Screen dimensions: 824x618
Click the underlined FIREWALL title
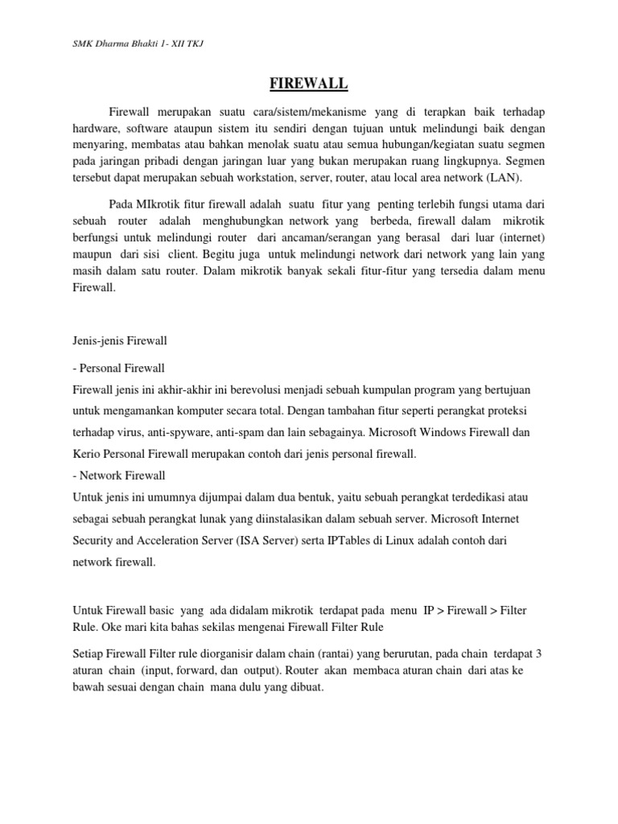tap(309, 83)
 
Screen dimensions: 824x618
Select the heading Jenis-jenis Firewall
tap(119, 340)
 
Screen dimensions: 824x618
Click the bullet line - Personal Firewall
tap(118, 368)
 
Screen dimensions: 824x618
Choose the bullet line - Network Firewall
tap(118, 476)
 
